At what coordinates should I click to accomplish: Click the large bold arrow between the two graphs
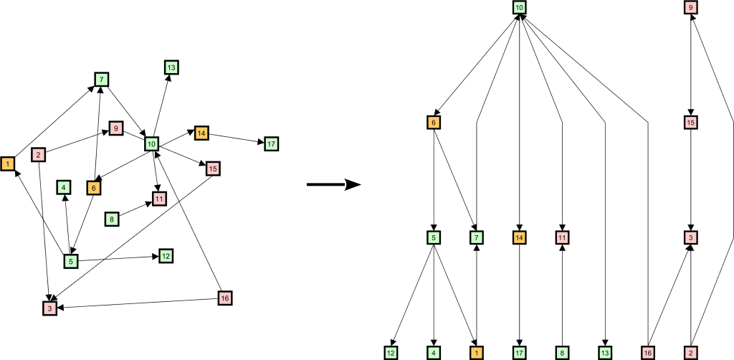(333, 184)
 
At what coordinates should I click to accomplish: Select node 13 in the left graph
(171, 68)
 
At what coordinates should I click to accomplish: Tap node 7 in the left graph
(101, 80)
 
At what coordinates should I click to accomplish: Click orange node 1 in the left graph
(7, 164)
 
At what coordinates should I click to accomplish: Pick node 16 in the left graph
(224, 298)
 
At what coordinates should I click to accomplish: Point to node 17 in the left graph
(271, 143)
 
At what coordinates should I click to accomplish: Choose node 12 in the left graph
(166, 256)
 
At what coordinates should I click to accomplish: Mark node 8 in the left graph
(111, 219)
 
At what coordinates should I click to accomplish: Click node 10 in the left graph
(152, 143)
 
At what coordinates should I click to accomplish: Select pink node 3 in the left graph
(49, 308)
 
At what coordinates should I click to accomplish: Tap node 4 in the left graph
(64, 188)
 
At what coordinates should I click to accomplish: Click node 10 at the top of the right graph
(519, 7)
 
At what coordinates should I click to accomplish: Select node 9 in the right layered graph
(691, 7)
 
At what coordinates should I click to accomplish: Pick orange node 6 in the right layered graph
(434, 123)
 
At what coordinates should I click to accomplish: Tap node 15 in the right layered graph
(691, 123)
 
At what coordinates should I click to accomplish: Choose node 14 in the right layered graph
(519, 238)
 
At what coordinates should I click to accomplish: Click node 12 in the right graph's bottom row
(391, 353)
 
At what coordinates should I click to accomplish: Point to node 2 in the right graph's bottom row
(691, 353)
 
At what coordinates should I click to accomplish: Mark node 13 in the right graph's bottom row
(605, 353)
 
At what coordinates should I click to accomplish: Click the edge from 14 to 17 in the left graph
(236, 138)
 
